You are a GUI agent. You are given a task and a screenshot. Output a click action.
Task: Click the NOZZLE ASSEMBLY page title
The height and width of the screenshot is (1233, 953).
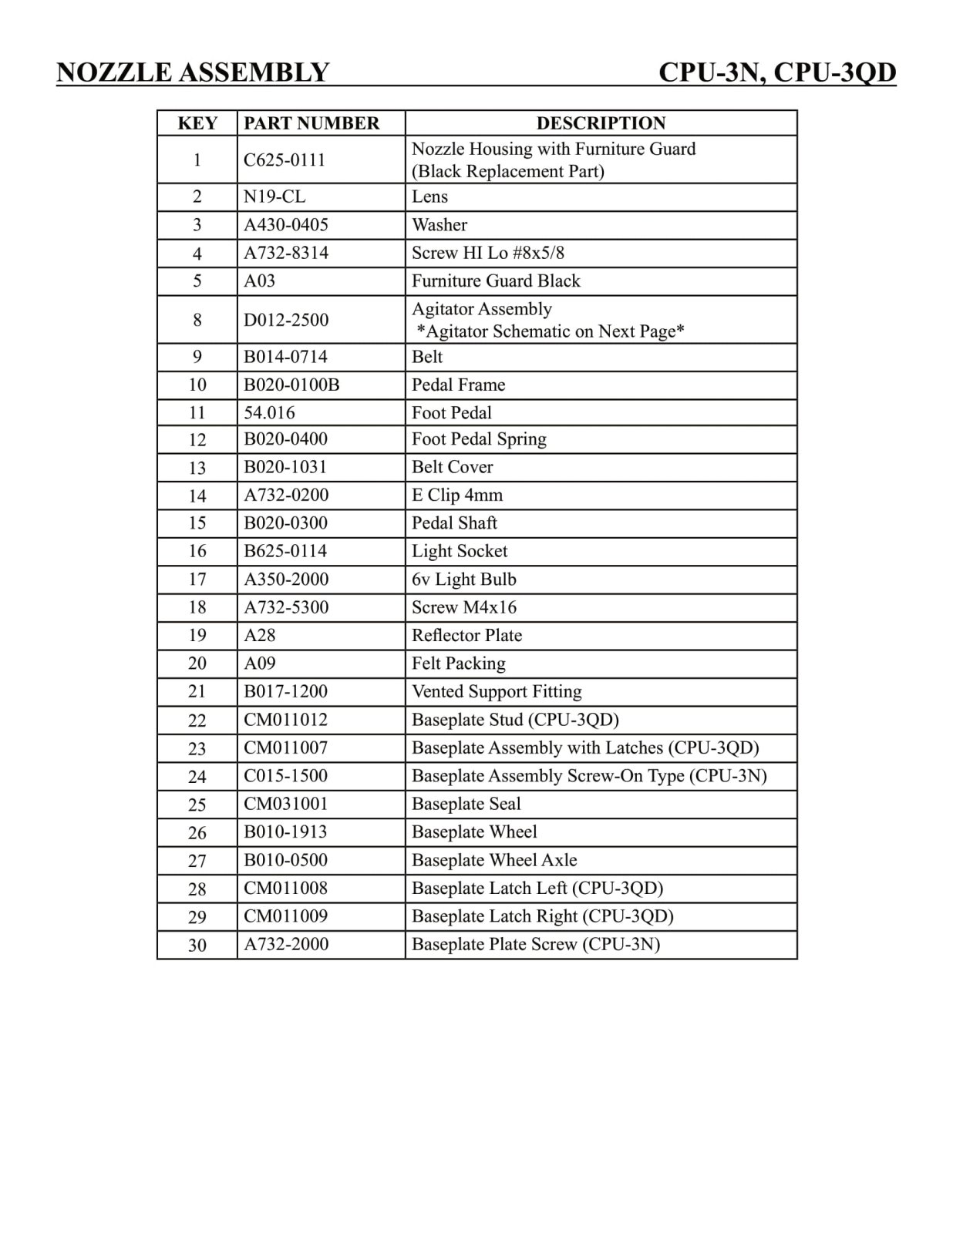pyautogui.click(x=193, y=72)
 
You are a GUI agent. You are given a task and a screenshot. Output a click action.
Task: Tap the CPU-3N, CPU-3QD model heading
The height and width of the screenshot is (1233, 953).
pyautogui.click(x=777, y=72)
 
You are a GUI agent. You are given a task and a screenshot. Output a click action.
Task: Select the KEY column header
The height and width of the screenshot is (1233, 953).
pyautogui.click(x=197, y=123)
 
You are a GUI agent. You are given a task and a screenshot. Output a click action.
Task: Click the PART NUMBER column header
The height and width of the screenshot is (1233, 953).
pyautogui.click(x=311, y=123)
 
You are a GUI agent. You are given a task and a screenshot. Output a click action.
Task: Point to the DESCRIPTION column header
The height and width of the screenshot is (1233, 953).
pyautogui.click(x=601, y=123)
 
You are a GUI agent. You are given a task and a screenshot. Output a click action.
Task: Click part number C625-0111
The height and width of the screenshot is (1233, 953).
pyautogui.click(x=285, y=160)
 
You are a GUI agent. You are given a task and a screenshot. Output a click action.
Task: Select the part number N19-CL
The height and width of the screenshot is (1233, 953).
pyautogui.click(x=274, y=197)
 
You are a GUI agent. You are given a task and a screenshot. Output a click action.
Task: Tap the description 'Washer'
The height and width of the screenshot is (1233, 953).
pyautogui.click(x=439, y=225)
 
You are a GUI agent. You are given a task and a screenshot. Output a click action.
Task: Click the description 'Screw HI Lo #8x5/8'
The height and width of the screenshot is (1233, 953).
pyautogui.click(x=488, y=253)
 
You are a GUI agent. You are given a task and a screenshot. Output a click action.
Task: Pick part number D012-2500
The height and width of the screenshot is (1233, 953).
pyautogui.click(x=286, y=320)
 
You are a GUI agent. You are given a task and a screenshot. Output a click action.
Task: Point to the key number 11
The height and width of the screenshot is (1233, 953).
pyautogui.click(x=197, y=413)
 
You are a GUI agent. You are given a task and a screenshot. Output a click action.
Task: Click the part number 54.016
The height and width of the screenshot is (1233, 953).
pyautogui.click(x=269, y=413)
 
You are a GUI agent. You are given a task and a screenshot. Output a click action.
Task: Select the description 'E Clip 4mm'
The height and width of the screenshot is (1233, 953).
pyautogui.click(x=457, y=496)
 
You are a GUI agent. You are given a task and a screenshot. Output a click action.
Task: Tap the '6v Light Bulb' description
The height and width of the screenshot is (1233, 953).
pyautogui.click(x=464, y=580)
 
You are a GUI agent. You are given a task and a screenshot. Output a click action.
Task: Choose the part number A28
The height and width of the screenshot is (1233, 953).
pyautogui.click(x=260, y=636)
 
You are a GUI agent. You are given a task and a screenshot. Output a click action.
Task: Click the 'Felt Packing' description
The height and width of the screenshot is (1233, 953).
pyautogui.click(x=459, y=664)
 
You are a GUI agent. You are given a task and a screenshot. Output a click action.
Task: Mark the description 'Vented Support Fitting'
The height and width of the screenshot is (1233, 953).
pyautogui.click(x=497, y=692)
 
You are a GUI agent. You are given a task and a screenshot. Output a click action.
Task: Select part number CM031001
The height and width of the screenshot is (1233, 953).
pyautogui.click(x=286, y=804)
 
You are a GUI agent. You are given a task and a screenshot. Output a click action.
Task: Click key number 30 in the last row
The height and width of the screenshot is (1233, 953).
pyautogui.click(x=197, y=945)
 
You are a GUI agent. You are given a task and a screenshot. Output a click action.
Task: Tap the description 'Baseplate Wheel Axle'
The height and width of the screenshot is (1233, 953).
pyautogui.click(x=494, y=860)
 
